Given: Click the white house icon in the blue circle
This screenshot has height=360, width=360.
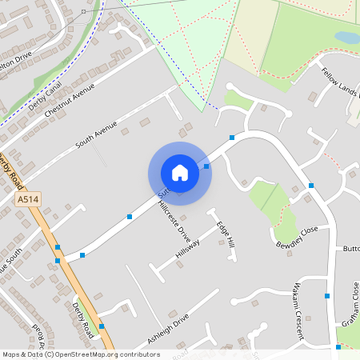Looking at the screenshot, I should point(180,173).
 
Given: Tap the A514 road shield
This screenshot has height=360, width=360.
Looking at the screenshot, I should point(26,200).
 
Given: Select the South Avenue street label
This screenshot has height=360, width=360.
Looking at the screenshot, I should point(97,136).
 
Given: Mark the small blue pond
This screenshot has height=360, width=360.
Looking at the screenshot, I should point(347,38).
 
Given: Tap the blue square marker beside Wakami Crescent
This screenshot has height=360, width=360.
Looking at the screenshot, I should point(326,296).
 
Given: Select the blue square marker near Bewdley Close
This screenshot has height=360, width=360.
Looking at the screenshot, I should point(310,186).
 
